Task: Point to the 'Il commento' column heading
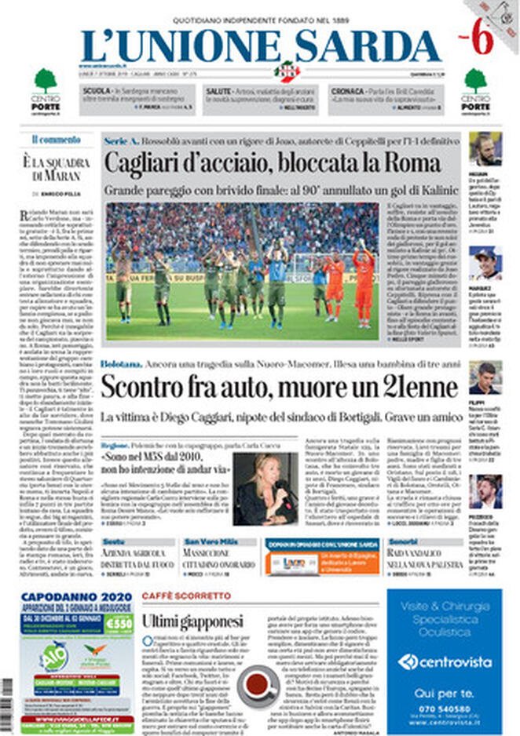[x=57, y=140]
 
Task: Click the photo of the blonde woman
[x=265, y=489]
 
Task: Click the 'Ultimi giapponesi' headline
[x=192, y=621]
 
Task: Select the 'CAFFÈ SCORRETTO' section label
[x=186, y=596]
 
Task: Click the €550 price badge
[x=119, y=622]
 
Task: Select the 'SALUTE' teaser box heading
[x=218, y=92]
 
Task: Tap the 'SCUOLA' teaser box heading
[x=97, y=92]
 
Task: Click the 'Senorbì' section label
[x=404, y=542]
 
